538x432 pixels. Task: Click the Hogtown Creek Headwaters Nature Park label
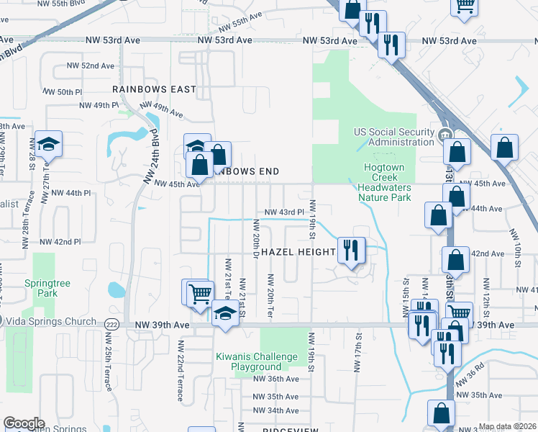(x=384, y=182)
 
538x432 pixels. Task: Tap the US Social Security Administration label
(x=394, y=137)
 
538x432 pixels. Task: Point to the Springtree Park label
(x=47, y=289)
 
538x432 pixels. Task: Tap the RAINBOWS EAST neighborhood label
(x=154, y=89)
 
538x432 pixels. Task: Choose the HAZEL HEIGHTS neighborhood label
(x=298, y=252)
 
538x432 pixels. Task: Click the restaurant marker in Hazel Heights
(x=351, y=251)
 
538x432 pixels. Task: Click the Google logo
(x=24, y=423)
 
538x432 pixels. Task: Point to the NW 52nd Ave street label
(x=91, y=66)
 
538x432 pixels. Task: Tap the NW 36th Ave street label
(x=275, y=379)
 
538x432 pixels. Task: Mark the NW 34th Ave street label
(x=275, y=410)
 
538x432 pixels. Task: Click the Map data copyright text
(x=508, y=426)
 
